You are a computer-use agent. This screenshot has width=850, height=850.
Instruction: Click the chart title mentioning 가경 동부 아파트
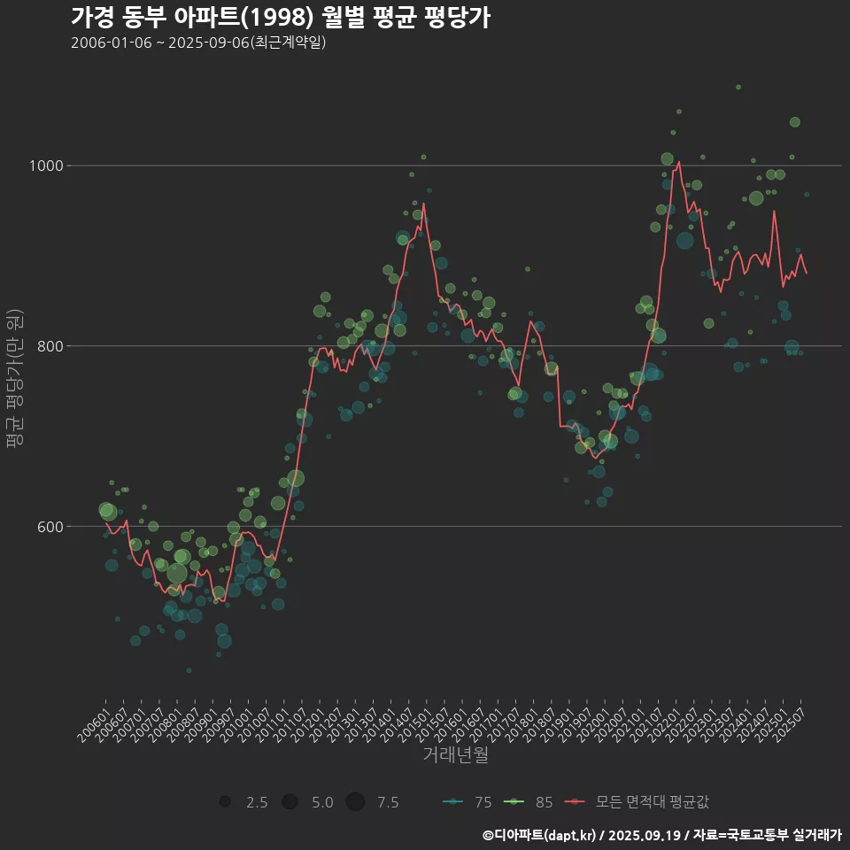(280, 18)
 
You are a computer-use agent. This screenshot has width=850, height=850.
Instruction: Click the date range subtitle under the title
(198, 43)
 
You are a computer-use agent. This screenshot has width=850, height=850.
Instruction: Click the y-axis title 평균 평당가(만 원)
(14, 381)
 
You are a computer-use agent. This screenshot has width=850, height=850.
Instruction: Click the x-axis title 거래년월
(455, 755)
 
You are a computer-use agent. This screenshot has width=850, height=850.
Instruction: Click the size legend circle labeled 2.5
(225, 802)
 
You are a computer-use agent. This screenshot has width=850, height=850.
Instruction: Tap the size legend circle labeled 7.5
(354, 802)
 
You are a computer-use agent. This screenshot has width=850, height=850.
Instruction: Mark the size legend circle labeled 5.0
(290, 802)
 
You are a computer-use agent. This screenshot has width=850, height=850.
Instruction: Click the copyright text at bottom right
(661, 835)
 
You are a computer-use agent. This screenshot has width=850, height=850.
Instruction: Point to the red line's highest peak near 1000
(678, 162)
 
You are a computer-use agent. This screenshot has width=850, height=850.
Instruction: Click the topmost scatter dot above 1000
(738, 88)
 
